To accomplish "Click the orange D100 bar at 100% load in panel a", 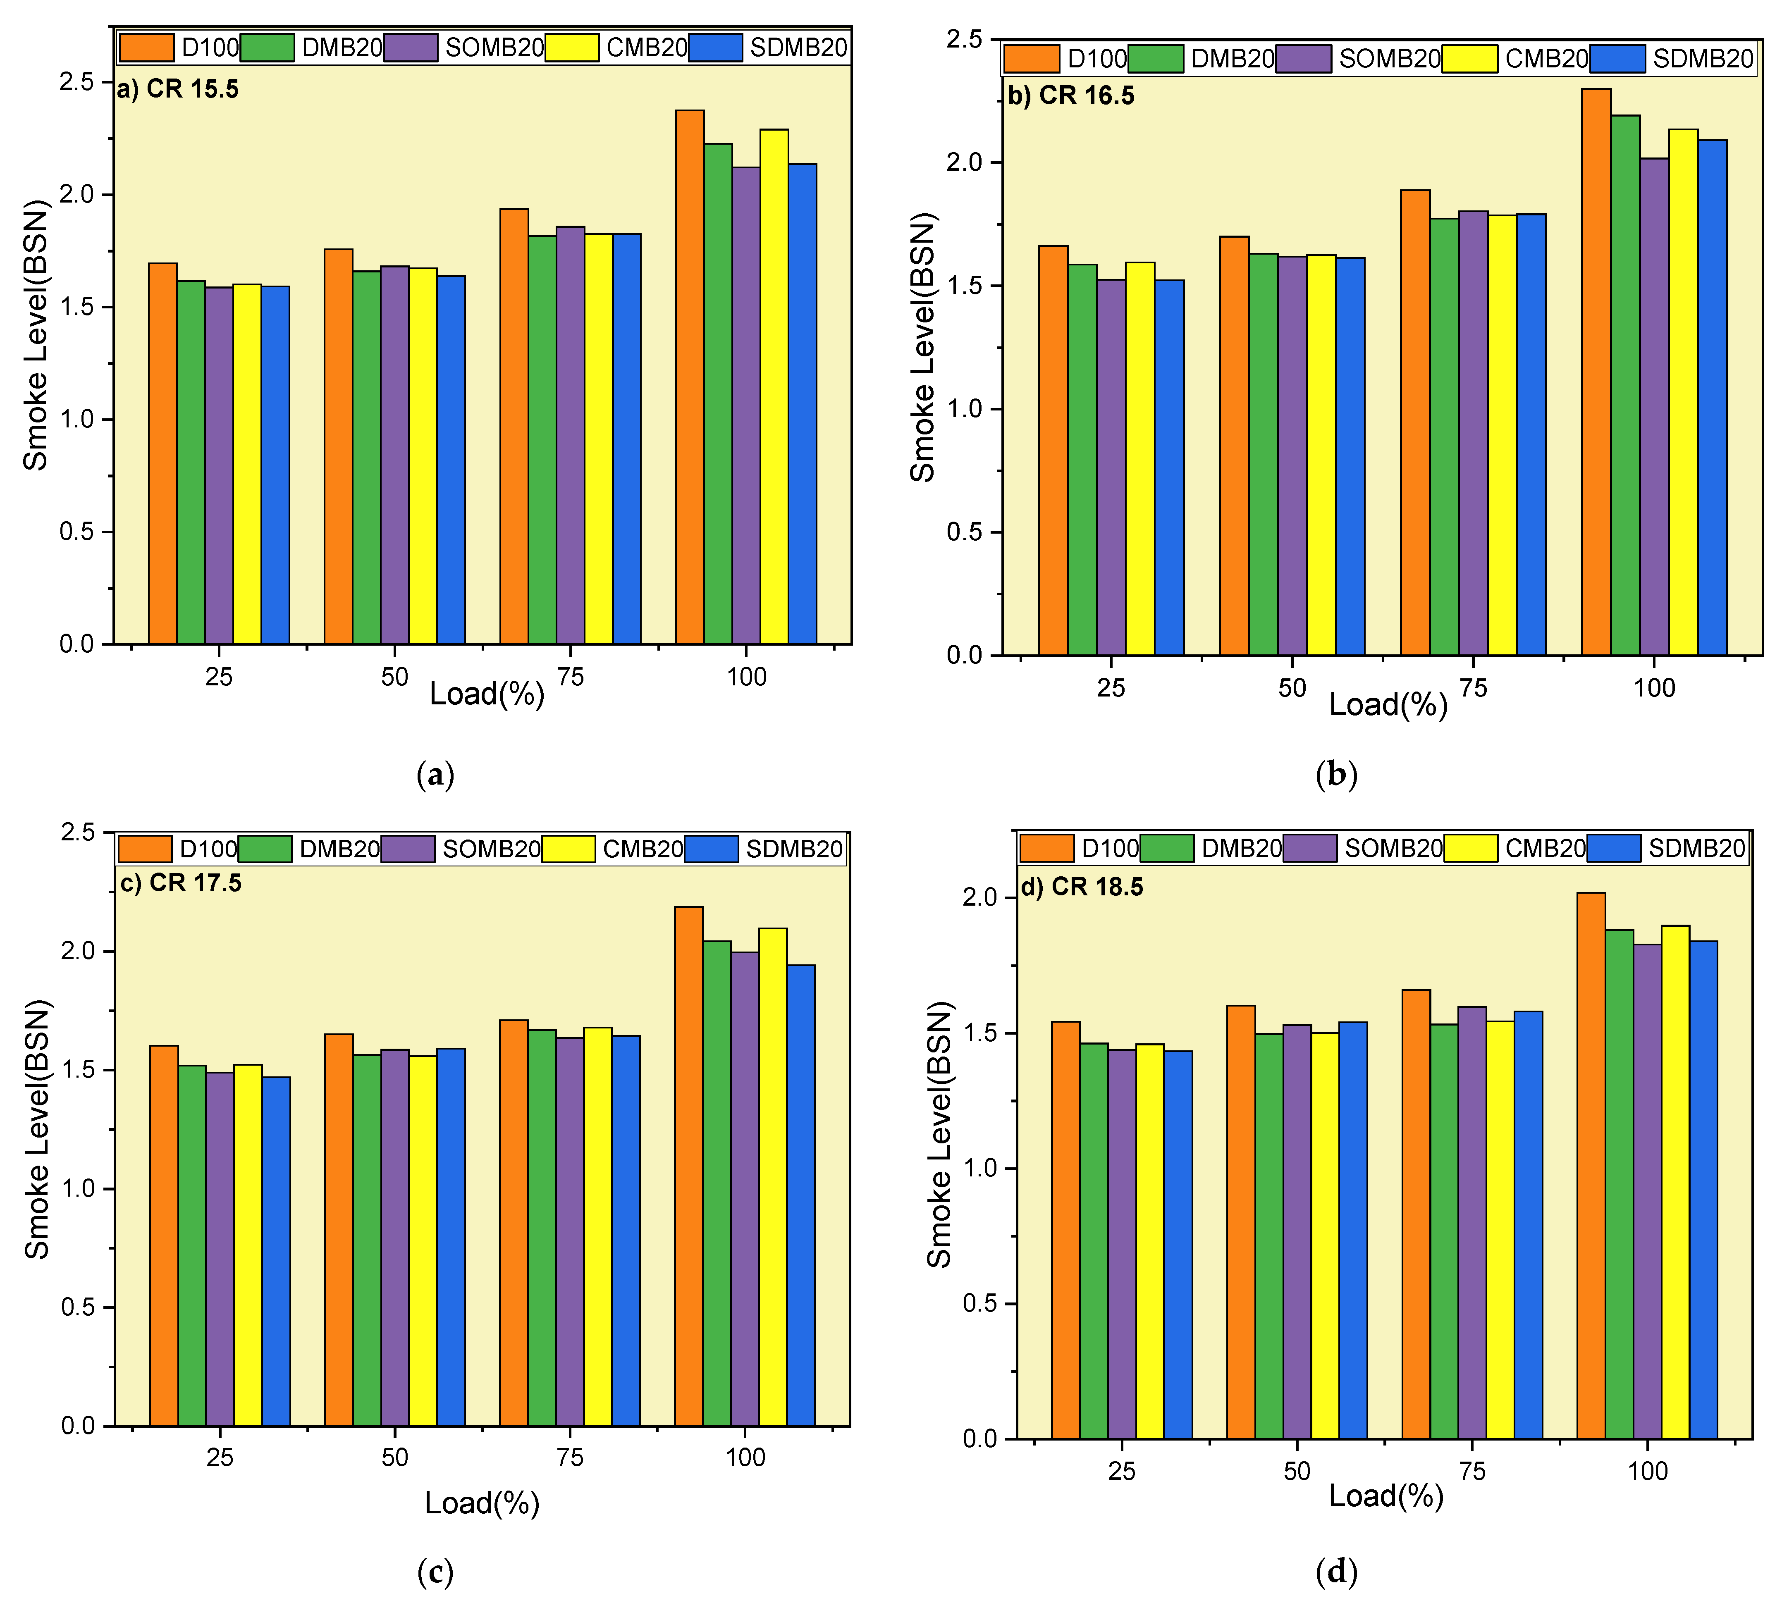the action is click(x=690, y=377).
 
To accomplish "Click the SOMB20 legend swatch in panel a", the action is click(x=411, y=48).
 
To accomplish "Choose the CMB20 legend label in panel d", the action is click(x=1545, y=848).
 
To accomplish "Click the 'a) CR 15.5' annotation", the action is click(x=178, y=89).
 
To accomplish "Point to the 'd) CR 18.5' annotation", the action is click(x=1082, y=887).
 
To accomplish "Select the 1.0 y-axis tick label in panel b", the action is click(x=964, y=409).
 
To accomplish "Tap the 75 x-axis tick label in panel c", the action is click(x=570, y=1457).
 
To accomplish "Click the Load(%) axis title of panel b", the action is click(x=1388, y=705).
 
